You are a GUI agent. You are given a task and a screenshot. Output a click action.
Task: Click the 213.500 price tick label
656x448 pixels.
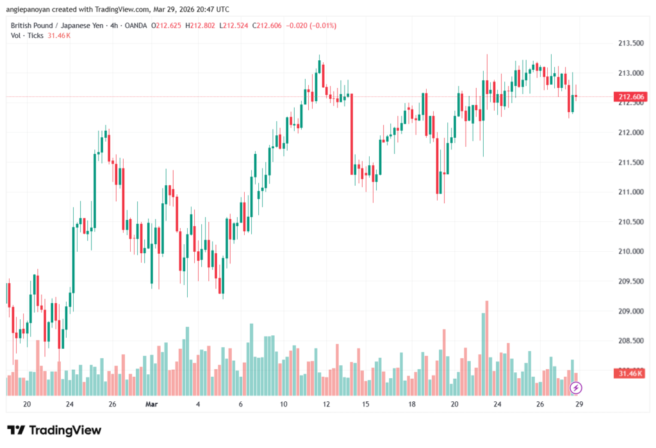pos(630,44)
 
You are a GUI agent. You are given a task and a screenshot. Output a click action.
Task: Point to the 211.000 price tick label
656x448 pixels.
pos(630,192)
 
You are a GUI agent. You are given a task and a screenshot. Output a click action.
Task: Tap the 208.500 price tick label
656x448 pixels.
pos(630,341)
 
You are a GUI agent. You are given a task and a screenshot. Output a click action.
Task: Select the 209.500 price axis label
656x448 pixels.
pos(630,281)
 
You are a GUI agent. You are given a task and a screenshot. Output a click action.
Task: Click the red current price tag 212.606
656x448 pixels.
pos(630,97)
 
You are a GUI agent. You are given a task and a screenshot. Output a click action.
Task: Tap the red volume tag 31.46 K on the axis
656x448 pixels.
pos(630,373)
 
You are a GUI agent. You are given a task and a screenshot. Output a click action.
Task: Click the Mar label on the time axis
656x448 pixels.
pos(151,404)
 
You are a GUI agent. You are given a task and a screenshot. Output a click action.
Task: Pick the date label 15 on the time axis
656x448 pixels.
pos(366,404)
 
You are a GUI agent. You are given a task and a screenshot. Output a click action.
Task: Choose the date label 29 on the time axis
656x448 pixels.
pos(578,404)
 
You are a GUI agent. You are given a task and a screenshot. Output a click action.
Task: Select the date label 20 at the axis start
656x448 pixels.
pos(27,404)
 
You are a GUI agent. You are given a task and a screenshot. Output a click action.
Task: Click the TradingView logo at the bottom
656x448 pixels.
pos(54,430)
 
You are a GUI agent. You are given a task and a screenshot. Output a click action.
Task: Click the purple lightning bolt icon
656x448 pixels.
pos(576,387)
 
